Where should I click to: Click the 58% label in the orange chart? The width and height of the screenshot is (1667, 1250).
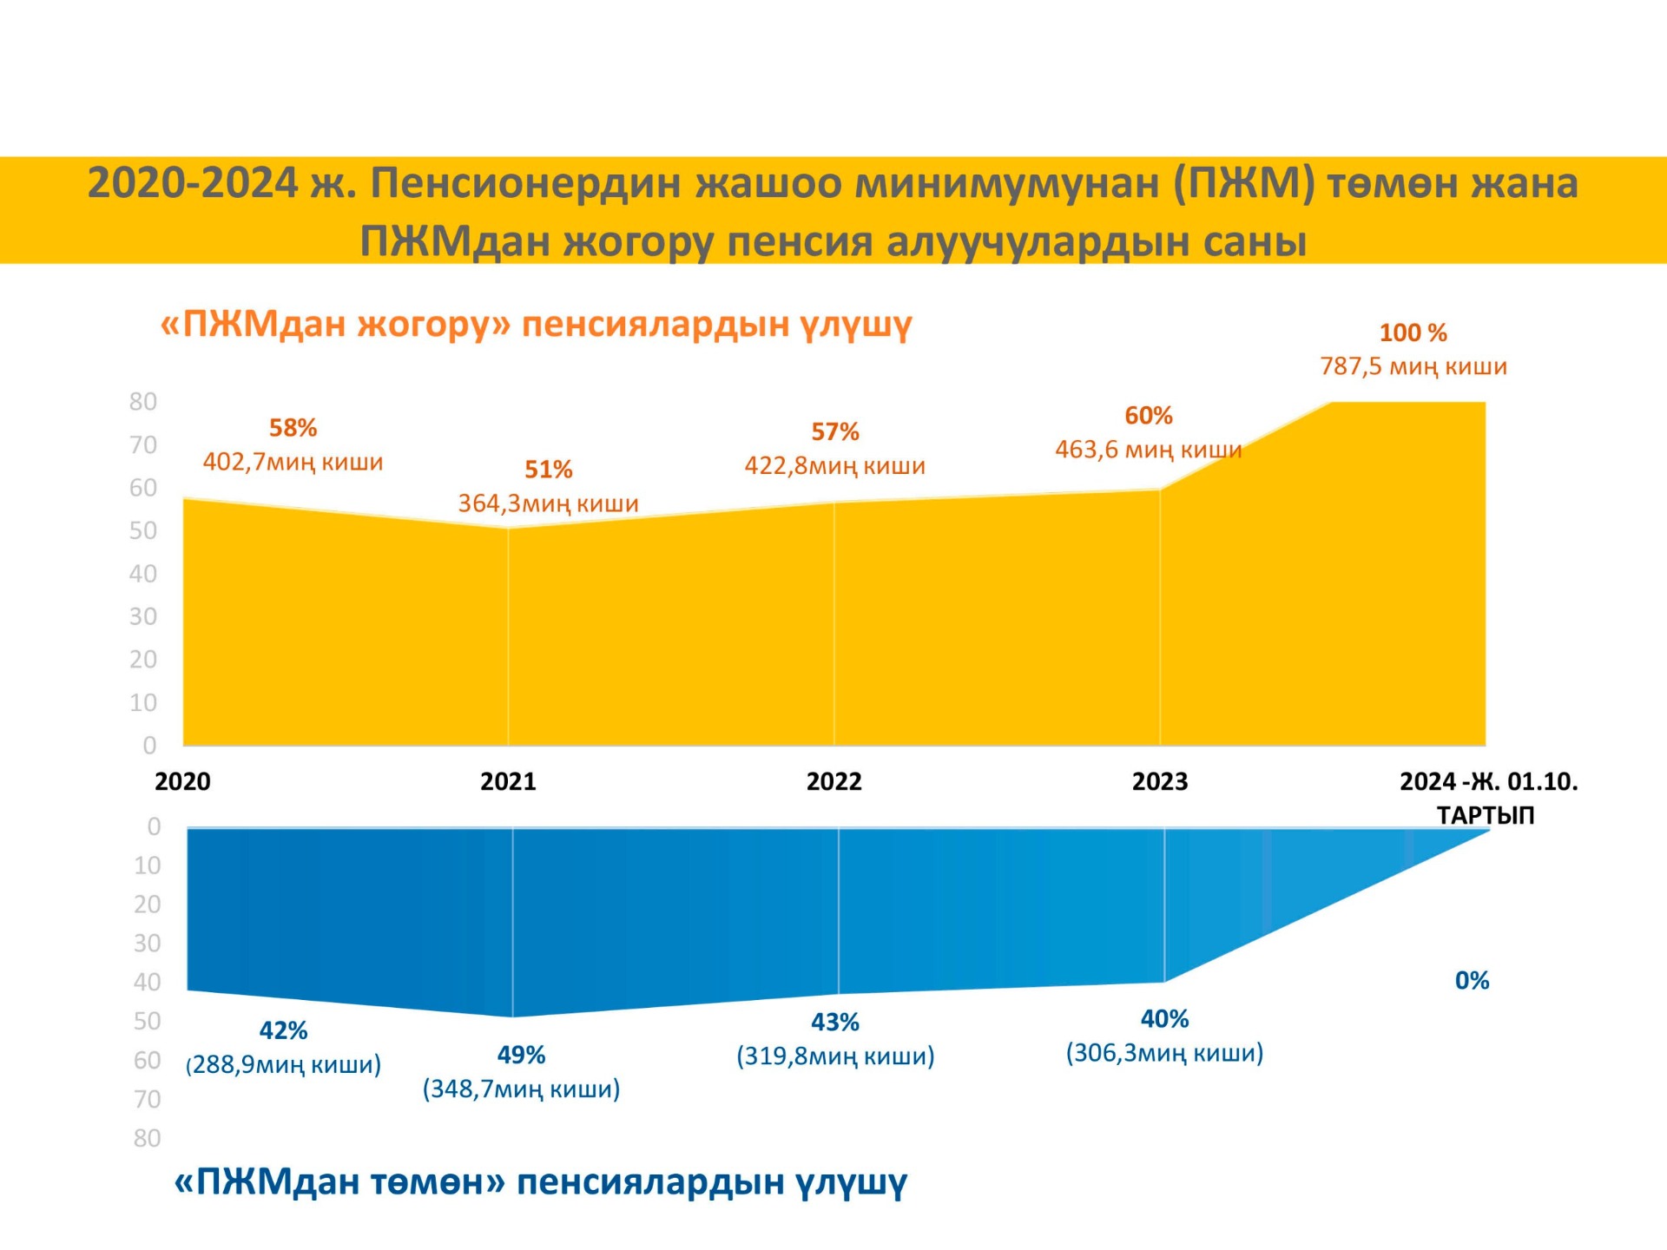coord(293,428)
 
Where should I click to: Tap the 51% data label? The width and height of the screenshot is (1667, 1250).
coord(548,470)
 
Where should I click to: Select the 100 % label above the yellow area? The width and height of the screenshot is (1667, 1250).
coord(1413,332)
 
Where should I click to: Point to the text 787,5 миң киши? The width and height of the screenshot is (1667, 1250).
coord(1413,366)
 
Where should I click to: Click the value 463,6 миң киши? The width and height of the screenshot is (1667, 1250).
coord(1148,450)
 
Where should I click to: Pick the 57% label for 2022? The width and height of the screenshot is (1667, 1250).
coord(834,431)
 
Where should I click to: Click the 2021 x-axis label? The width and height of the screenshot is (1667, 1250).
coord(508,781)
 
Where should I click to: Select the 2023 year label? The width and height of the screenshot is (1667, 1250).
coord(1159,781)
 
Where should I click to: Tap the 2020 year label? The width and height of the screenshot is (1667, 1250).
coord(182,781)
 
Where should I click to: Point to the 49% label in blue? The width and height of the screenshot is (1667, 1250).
coord(521,1055)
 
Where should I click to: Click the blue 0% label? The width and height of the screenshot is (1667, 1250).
coord(1472,981)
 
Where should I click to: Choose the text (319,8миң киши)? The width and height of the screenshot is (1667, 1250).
coord(835,1056)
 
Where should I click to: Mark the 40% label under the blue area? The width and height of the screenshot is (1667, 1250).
coord(1164,1018)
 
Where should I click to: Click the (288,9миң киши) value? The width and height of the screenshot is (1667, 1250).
coord(284,1064)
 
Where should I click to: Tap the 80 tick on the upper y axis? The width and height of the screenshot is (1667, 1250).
coord(143,402)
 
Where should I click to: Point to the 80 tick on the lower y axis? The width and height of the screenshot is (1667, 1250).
coord(147,1138)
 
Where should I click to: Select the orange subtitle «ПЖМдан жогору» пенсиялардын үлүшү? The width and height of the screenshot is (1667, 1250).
coord(536,324)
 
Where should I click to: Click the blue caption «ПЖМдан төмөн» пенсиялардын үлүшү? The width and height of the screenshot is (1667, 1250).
coord(540,1181)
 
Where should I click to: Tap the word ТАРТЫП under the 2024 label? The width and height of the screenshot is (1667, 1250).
coord(1485,815)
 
